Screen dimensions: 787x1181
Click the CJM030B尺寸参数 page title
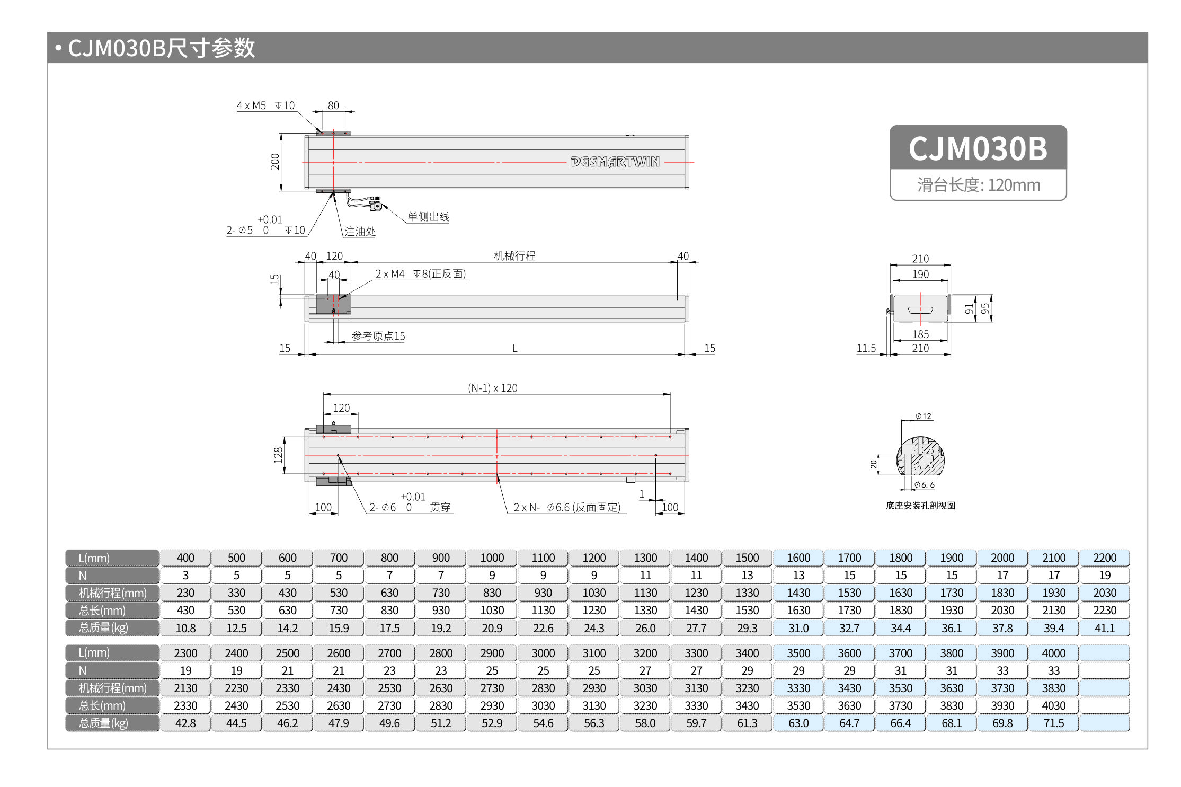[161, 48]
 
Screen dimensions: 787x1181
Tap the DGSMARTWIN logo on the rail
[615, 162]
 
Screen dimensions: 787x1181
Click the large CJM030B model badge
[978, 148]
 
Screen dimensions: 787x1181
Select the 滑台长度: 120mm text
[978, 185]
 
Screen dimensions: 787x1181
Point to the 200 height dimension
[274, 162]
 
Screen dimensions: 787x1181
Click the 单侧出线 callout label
[428, 217]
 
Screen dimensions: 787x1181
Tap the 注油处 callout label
[359, 232]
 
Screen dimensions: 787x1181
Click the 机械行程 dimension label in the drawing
[514, 256]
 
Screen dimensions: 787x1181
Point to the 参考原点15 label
[378, 336]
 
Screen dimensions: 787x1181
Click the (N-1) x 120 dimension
[492, 388]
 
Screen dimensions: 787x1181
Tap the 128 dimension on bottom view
[278, 455]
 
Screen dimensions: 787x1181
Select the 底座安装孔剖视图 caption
[920, 506]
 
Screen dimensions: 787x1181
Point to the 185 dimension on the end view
[920, 334]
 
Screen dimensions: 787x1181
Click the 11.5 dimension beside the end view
[866, 348]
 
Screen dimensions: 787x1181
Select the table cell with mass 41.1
[1104, 628]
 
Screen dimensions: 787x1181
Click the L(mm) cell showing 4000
[1053, 653]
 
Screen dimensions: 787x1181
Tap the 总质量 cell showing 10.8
[185, 628]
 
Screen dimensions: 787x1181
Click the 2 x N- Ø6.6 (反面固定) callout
[567, 507]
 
